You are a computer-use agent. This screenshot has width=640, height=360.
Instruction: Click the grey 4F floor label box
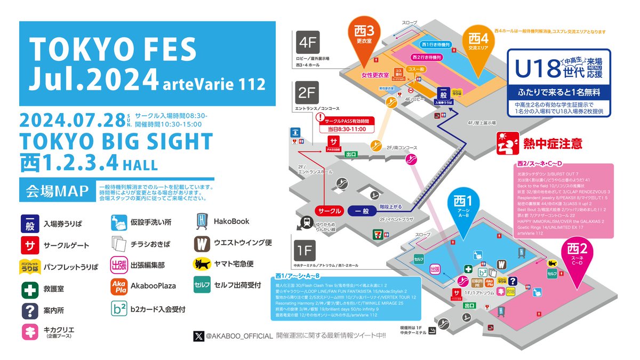click(308, 42)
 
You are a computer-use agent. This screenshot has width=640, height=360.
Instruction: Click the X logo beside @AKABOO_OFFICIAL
click(198, 336)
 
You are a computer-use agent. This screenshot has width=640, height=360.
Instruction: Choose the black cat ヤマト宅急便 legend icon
click(202, 263)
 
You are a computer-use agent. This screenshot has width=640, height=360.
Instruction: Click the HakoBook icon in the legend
click(202, 221)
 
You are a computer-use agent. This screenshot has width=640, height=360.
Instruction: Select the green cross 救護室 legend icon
click(28, 289)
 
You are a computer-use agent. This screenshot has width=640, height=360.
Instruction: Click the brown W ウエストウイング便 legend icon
click(202, 243)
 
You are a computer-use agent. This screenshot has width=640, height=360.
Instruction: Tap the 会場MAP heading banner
click(56, 190)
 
